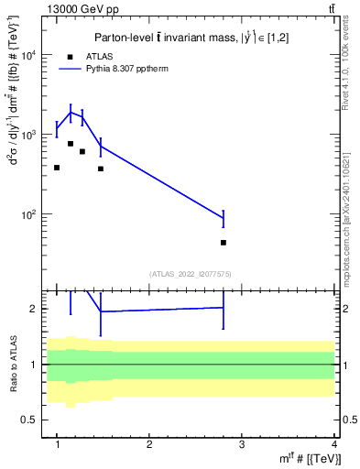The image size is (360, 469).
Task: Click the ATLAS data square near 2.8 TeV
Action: [224, 243]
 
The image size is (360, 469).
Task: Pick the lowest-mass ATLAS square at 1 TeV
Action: [57, 168]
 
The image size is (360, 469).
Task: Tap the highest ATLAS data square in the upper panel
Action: [71, 144]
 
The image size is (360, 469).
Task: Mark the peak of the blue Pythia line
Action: [71, 113]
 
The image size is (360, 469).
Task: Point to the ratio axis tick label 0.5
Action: [36, 420]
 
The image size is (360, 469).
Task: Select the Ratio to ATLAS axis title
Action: [14, 364]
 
